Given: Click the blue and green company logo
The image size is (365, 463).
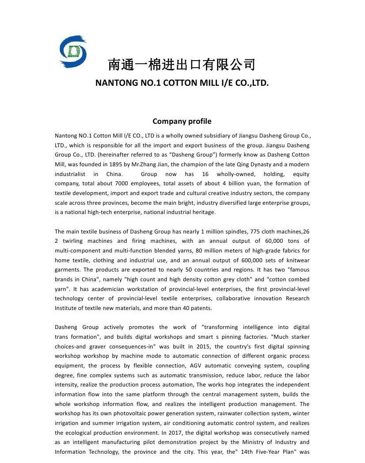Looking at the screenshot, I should click(73, 52).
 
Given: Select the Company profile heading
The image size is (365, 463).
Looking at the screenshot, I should click(182, 121).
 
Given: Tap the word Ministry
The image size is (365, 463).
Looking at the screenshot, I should click(241, 442).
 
